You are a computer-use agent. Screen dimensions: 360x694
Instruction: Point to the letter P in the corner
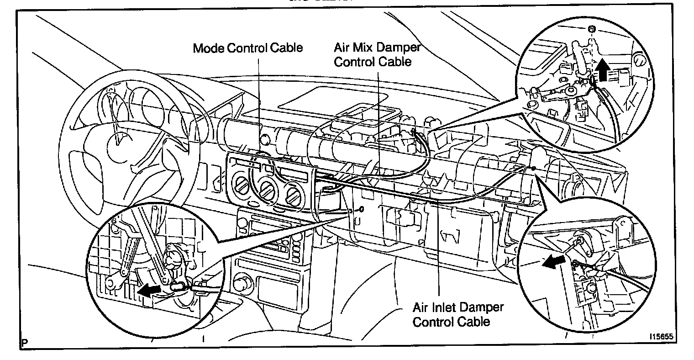[x=24, y=342]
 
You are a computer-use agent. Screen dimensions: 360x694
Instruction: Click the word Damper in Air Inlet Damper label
[x=485, y=307]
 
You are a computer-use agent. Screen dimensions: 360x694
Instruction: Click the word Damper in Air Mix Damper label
[x=402, y=48]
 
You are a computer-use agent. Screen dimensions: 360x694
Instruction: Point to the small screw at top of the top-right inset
[x=592, y=30]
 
